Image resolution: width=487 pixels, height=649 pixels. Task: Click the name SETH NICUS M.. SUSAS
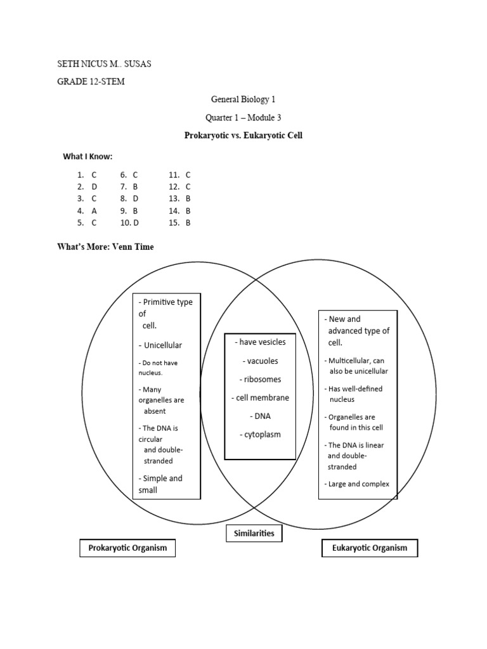105,64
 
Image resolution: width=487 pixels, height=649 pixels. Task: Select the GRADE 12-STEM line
94,82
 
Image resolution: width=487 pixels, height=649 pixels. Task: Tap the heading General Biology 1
243,100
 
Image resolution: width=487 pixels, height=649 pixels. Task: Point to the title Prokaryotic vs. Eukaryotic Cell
243,136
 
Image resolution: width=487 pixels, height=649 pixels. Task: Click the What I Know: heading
88,157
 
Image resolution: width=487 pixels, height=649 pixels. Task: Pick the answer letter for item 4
94,210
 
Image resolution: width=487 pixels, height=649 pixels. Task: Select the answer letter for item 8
135,198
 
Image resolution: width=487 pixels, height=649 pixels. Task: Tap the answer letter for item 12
188,186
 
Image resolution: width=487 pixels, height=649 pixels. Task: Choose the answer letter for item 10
136,222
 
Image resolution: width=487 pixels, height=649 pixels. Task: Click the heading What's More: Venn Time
105,247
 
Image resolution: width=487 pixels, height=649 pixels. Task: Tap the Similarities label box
254,534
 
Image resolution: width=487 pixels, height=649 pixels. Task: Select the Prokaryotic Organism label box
127,548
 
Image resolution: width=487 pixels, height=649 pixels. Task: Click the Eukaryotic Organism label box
370,548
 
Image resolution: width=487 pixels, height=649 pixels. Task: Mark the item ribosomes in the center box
260,379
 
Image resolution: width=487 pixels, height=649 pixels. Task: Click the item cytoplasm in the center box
260,435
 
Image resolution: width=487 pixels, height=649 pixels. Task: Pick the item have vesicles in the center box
261,342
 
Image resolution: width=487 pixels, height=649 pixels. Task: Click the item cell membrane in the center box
260,398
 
